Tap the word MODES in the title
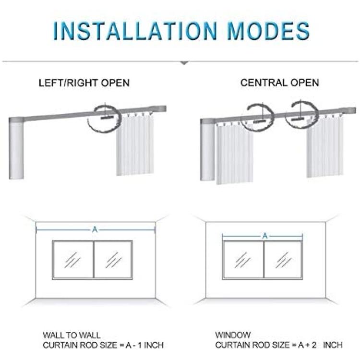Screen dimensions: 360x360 click(x=268, y=31)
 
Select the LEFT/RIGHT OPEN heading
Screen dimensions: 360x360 click(x=84, y=83)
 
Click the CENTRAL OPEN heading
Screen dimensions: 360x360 click(x=280, y=83)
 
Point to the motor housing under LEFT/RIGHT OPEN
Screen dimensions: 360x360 click(x=16, y=149)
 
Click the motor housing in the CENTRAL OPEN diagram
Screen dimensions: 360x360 click(x=208, y=150)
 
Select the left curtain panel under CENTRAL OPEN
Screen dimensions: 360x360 click(x=234, y=154)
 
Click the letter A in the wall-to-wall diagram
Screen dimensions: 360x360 click(x=95, y=229)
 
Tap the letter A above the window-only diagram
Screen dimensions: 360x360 click(x=265, y=236)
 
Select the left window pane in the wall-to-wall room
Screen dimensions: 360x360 click(x=73, y=260)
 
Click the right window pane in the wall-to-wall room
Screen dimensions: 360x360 click(x=113, y=260)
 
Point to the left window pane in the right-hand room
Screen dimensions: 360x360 click(x=243, y=260)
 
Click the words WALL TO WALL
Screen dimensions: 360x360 click(x=72, y=336)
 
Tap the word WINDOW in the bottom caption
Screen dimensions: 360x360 click(x=233, y=335)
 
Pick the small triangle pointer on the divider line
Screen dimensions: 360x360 click(x=184, y=63)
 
